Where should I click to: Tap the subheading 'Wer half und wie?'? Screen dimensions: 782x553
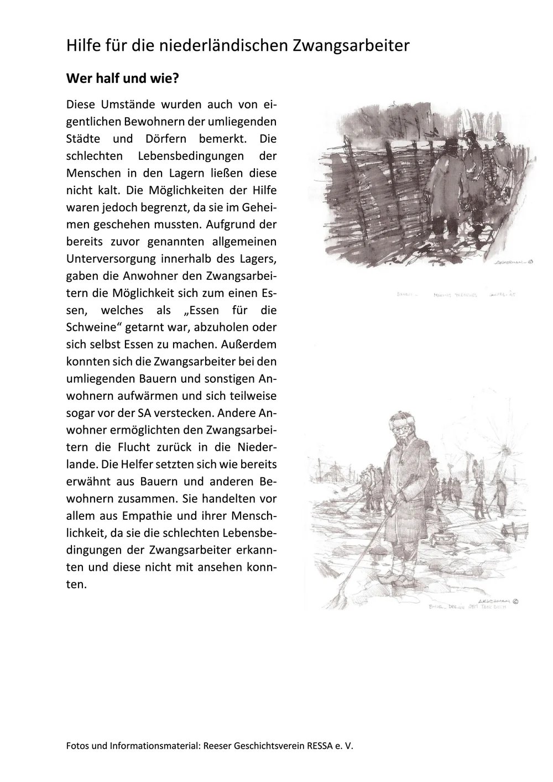click(x=123, y=79)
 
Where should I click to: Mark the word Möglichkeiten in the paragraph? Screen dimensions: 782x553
click(x=178, y=190)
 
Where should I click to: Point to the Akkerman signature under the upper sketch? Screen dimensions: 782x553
click(x=508, y=264)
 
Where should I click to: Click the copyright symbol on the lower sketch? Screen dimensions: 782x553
click(x=516, y=600)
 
